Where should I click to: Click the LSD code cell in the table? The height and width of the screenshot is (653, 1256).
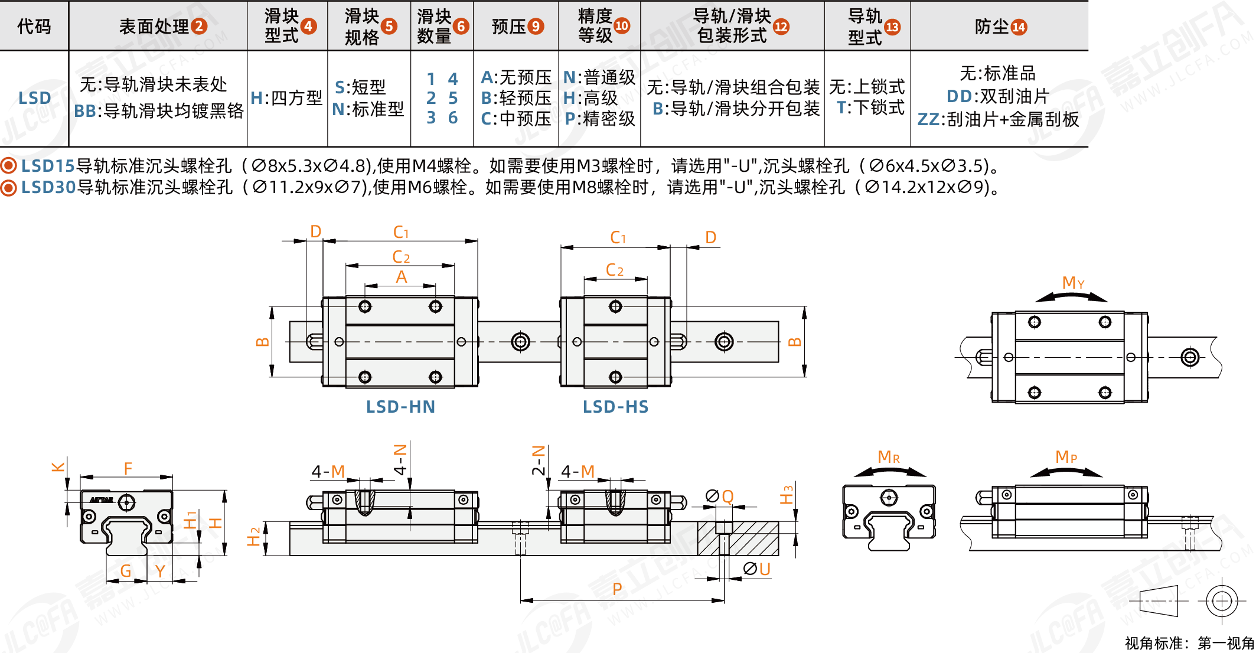coord(34,98)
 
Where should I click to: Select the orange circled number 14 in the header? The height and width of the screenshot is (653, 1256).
coord(1019,27)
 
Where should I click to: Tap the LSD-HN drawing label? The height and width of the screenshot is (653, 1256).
coord(400,407)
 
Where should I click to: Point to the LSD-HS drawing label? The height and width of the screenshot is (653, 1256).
coord(615,407)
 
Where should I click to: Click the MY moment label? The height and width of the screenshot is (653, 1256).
coord(1073,283)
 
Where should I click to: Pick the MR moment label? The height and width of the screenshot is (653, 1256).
coord(888,457)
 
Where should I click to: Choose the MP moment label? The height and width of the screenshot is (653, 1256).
coord(1066,457)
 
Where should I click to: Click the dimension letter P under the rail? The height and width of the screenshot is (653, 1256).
coord(617,589)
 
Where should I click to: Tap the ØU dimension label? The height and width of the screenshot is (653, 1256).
coord(757,569)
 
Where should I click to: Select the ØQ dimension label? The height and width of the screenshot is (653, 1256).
coord(720,497)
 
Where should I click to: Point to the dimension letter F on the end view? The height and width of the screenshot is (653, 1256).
coord(128,469)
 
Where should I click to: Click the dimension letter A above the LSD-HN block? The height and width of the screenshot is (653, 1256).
coord(401,277)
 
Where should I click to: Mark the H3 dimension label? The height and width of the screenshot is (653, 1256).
coord(787,495)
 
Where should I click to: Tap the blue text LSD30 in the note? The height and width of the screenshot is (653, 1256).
coord(48,188)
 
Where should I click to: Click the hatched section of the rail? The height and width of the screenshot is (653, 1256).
coord(738,538)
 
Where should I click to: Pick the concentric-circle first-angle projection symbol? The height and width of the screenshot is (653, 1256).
coord(1221,602)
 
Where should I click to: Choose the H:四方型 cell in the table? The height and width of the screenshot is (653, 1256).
coord(287,98)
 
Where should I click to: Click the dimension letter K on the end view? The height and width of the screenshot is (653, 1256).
coord(58,467)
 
